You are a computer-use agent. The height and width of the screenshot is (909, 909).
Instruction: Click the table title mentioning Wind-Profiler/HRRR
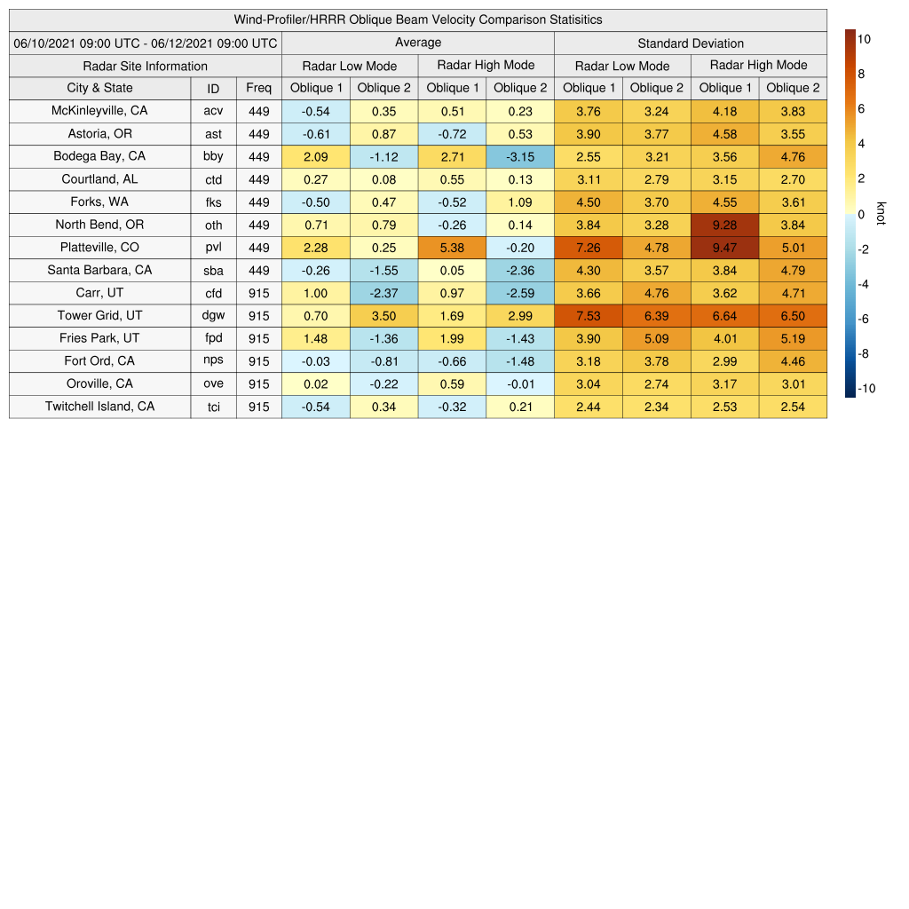pos(418,20)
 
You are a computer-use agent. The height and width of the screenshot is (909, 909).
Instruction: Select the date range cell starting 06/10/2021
pos(146,43)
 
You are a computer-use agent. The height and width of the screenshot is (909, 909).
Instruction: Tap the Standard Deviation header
pos(691,43)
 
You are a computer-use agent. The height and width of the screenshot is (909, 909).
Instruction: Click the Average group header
pos(418,43)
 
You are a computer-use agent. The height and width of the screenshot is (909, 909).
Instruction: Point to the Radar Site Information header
pos(146,66)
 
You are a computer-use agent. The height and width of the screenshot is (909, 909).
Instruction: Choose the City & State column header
pos(99,88)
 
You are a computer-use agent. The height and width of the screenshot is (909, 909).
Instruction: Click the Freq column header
pos(259,88)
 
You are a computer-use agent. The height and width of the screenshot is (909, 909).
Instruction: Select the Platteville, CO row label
pos(99,248)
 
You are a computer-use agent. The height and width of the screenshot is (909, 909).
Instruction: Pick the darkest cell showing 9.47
pos(724,248)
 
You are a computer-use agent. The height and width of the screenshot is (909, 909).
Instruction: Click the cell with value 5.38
pos(452,248)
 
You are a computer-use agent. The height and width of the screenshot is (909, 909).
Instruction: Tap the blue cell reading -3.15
pos(520,156)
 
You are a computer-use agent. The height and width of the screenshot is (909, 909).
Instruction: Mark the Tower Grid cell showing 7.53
pos(589,316)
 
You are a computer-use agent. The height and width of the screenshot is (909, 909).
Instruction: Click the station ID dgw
pos(213,316)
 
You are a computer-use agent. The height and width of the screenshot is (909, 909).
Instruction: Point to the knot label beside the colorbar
pos(881,214)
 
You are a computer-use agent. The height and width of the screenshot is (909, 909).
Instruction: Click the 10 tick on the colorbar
pos(863,39)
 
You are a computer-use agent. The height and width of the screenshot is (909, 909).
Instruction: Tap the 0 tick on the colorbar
pos(861,214)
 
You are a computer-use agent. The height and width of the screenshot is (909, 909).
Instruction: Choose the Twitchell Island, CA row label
pos(99,407)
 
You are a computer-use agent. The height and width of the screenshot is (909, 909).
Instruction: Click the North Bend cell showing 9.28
pos(724,225)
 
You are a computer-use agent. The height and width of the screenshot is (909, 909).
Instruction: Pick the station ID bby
pos(213,156)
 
